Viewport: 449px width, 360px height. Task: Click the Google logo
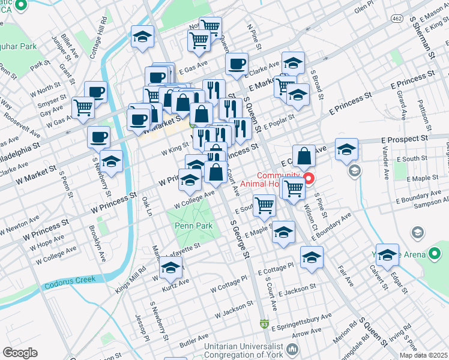coord(20,353)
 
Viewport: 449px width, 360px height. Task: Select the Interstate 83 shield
coord(265,325)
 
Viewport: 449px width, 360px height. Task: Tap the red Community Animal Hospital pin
coord(309,178)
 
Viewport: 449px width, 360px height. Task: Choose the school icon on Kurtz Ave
coord(171,269)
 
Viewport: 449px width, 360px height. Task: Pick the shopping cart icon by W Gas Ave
coord(83,109)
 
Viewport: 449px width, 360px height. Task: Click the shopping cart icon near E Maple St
coord(264,206)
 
